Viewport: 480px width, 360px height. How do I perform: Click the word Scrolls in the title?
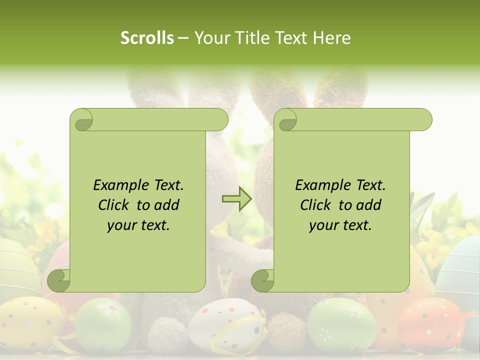(x=147, y=38)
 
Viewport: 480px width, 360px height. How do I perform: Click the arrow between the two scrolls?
(x=237, y=199)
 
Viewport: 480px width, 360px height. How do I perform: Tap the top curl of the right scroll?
(x=287, y=120)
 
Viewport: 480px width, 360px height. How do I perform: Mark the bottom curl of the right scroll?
(x=262, y=280)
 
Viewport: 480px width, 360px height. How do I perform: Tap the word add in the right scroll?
(x=369, y=205)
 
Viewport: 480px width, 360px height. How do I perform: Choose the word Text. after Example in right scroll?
(x=370, y=185)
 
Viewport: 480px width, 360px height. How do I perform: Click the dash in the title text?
(x=183, y=38)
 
